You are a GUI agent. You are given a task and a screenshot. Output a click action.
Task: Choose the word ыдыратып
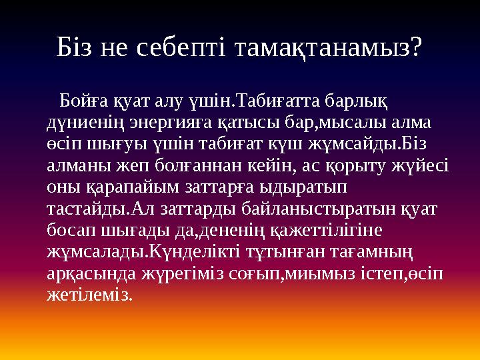307,187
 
